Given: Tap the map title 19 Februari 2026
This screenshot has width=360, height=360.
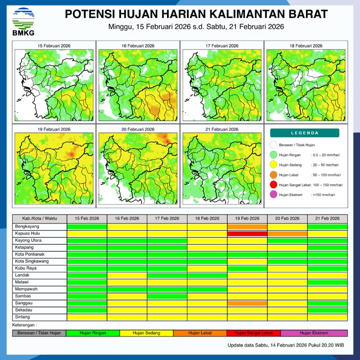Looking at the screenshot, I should pos(55,129).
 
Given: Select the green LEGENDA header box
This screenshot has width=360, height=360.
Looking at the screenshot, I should pos(304,133).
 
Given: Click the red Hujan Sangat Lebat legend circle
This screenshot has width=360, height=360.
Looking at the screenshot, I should pos(273,185).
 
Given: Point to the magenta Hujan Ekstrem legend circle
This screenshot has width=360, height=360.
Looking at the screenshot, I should pos(273,195).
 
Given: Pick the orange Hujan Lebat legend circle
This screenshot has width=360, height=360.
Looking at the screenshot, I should pos(273,175).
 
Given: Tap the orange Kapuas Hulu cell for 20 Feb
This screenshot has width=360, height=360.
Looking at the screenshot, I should pos(287,233).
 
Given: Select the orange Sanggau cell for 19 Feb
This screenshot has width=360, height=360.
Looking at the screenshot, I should pos(247,303).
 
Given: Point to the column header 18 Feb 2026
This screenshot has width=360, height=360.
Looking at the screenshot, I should pos(207,219).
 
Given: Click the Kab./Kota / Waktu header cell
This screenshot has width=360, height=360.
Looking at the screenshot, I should pos(39,219).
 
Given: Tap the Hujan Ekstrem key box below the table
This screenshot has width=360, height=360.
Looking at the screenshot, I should pos(314,332).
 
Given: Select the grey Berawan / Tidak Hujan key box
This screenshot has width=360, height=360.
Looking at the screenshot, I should pos(39,332).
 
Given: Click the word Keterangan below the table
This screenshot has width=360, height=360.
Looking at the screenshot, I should pos(24,325).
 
